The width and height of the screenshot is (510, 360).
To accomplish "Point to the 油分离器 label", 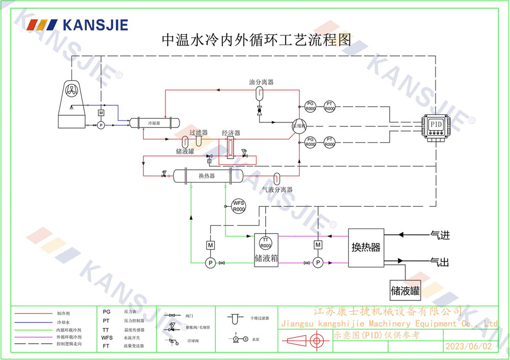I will [261, 82].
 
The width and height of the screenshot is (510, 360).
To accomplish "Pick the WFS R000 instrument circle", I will [239, 206].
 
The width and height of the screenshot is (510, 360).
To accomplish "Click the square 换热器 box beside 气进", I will [366, 247].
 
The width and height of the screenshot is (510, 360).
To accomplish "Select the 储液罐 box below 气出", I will [405, 291].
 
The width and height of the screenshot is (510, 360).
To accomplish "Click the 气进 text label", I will [440, 235].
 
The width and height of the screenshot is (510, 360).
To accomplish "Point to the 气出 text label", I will [440, 262].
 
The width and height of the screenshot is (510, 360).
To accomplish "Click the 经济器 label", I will [231, 133].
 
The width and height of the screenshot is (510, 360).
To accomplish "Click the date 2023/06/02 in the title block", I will [469, 345].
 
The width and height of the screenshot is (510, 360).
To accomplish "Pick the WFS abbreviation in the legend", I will [107, 337].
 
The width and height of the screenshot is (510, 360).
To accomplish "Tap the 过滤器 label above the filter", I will [198, 132].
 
